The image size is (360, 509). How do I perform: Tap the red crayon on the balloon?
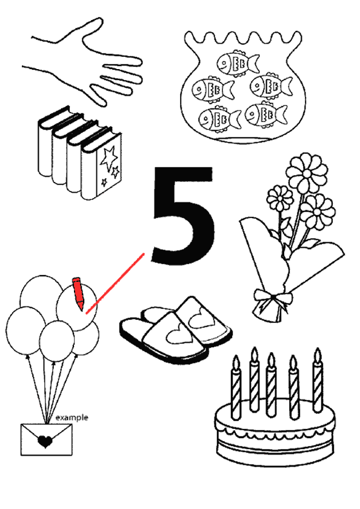click(78, 293)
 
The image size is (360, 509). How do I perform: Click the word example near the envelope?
click(72, 418)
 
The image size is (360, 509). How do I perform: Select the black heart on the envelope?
click(45, 442)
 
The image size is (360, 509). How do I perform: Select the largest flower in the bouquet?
click(307, 173)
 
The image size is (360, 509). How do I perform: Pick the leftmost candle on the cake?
click(236, 387)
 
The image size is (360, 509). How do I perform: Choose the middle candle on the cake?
click(271, 385)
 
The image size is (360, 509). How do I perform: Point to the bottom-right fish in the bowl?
click(266, 114)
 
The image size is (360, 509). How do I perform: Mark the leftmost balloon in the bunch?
click(25, 331)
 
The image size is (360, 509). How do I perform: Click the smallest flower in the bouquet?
click(280, 198)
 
